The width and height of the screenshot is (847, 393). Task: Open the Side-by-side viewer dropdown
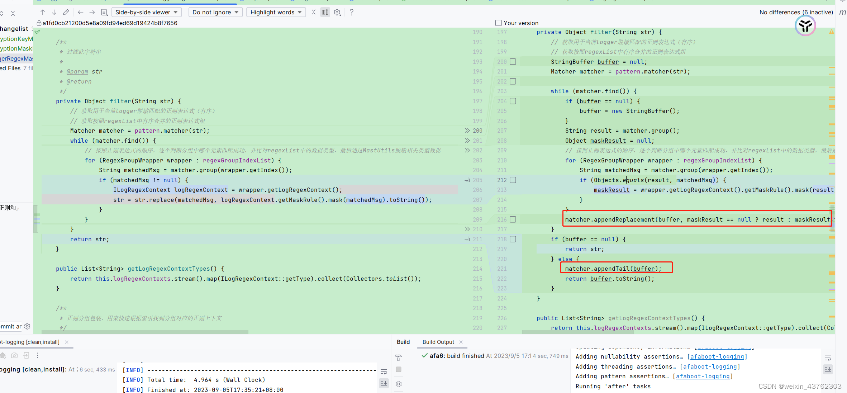click(146, 12)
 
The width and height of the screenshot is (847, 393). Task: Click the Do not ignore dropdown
click(215, 12)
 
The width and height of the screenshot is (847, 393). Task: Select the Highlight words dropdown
click(276, 12)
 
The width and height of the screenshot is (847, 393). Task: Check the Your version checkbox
click(498, 23)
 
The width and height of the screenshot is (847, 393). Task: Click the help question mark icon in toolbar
click(352, 12)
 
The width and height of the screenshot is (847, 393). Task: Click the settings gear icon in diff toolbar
click(337, 12)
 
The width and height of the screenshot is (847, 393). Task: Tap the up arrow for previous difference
click(43, 12)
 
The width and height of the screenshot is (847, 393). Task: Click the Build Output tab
click(438, 342)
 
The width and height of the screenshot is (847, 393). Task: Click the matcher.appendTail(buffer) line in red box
click(613, 269)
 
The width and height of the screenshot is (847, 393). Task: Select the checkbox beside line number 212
click(513, 180)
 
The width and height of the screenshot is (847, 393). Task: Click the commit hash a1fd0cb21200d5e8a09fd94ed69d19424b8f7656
click(110, 23)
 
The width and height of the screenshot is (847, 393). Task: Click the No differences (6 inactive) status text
click(796, 12)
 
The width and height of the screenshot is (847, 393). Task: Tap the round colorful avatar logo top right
click(805, 26)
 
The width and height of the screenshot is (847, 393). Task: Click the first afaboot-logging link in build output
click(717, 357)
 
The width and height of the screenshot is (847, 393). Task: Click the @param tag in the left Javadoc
click(77, 72)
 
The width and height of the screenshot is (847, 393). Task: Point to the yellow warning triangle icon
click(831, 32)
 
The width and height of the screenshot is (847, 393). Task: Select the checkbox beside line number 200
click(513, 62)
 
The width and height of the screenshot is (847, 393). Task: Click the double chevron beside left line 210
click(467, 229)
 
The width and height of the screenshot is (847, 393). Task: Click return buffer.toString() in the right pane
click(609, 279)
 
